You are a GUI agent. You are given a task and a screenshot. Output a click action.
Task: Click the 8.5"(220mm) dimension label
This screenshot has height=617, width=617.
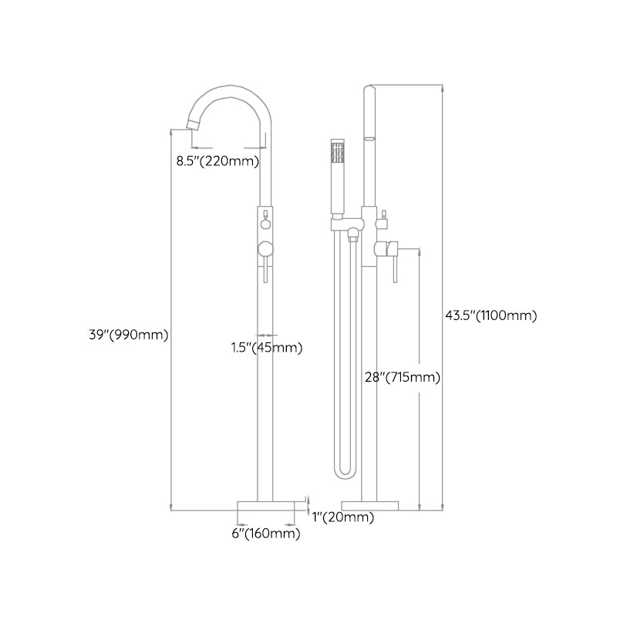(x=217, y=161)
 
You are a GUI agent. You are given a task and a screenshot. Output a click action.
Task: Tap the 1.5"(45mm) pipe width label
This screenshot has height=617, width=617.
(x=266, y=347)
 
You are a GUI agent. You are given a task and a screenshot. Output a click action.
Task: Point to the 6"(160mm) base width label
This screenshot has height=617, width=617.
(x=266, y=534)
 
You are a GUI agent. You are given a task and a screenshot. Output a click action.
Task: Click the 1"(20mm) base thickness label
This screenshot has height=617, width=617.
(x=343, y=517)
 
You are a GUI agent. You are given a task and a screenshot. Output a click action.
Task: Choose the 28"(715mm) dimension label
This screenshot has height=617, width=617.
(x=402, y=377)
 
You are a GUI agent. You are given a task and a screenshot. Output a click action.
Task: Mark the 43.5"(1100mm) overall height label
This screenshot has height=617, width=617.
(x=491, y=315)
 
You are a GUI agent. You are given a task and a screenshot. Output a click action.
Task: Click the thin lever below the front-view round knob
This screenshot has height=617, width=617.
(x=264, y=271)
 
